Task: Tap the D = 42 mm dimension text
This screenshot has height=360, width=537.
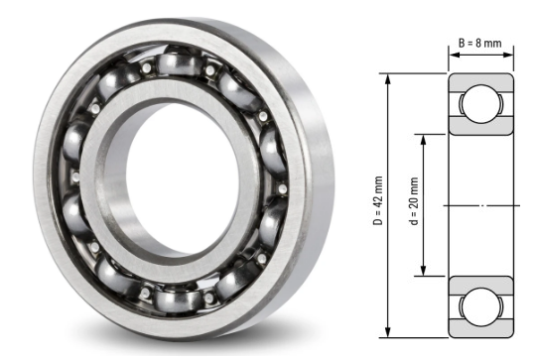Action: pos(379,204)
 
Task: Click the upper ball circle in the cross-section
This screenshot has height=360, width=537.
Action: pos(481,104)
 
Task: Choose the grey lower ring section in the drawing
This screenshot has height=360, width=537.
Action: pos(481,281)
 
